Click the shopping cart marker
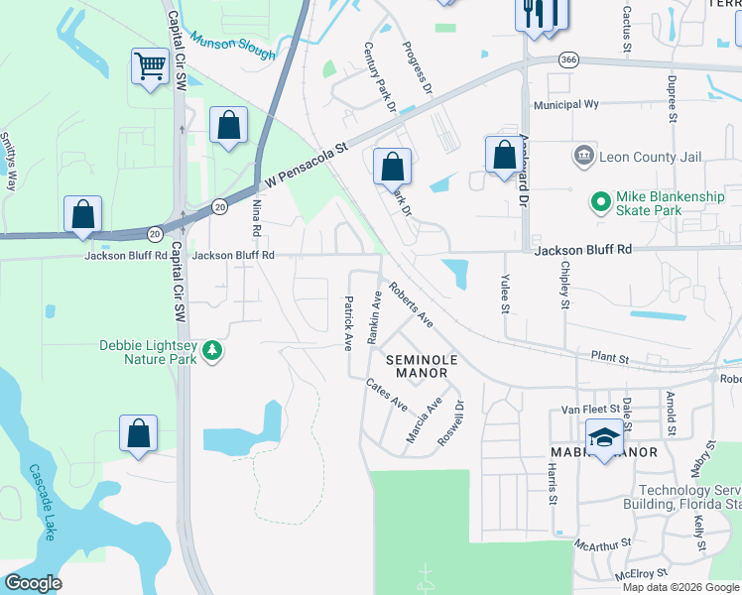pyautogui.click(x=150, y=67)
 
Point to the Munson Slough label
pyautogui.click(x=232, y=46)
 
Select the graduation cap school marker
pyautogui.click(x=604, y=437)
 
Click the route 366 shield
pyautogui.click(x=567, y=59)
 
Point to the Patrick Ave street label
pyautogui.click(x=348, y=323)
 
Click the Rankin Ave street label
pyautogui.click(x=375, y=316)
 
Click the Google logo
pyautogui.click(x=34, y=583)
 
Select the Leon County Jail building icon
pyautogui.click(x=582, y=157)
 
